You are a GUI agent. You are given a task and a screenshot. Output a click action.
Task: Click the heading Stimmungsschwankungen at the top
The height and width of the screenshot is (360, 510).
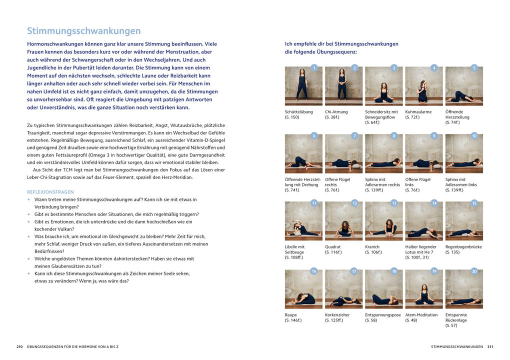coord(83,31)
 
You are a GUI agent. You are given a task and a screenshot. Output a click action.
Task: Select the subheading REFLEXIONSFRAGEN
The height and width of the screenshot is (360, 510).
coord(50,192)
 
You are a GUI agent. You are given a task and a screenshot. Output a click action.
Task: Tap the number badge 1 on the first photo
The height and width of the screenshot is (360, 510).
coord(314,68)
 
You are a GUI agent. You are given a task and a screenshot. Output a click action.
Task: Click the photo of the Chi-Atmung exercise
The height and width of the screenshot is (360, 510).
coord(343,86)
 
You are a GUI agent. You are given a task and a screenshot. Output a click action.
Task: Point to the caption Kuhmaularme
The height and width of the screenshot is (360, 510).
coord(418,112)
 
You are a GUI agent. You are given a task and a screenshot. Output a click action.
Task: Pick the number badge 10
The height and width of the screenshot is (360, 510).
coord(474,135)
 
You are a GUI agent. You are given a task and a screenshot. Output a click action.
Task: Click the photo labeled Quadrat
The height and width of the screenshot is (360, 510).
coord(343,221)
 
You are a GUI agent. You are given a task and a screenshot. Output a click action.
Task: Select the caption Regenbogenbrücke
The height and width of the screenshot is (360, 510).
coord(463,247)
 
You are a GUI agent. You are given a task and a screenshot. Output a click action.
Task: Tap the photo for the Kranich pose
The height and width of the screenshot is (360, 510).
coord(383,221)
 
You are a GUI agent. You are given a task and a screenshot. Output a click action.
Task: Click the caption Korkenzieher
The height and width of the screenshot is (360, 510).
coord(337,315)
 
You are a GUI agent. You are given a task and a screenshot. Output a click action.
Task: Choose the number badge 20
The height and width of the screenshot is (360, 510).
coord(474,271)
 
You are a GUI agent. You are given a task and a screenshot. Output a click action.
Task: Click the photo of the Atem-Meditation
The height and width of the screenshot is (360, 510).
coord(423,289)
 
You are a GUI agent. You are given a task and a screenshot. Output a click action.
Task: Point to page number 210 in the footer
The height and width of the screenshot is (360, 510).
coord(20,346)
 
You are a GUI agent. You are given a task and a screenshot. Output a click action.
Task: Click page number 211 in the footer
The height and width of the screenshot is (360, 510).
coord(490,346)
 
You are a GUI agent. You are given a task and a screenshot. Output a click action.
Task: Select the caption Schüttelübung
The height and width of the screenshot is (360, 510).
coord(299,112)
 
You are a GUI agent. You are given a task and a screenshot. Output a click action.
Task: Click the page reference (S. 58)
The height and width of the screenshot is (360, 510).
coord(371,320)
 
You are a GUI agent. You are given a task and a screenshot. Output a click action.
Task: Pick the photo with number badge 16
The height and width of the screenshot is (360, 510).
coord(303,289)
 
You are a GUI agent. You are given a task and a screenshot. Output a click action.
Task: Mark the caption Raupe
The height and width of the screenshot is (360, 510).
coord(291,315)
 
